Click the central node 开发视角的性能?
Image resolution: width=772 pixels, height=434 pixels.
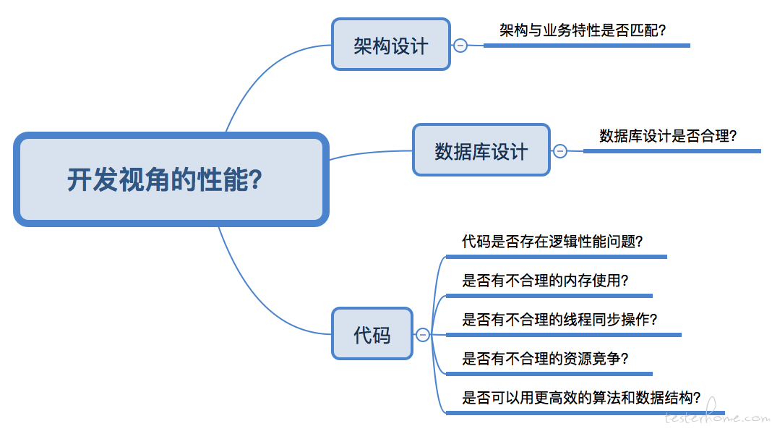171,179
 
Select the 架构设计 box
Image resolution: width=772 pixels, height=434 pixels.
390,45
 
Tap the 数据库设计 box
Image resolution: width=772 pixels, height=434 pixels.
481,150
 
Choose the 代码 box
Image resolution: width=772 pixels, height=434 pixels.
372,334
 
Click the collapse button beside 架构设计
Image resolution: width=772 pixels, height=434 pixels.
460,45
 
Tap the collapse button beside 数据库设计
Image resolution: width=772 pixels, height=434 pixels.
559,150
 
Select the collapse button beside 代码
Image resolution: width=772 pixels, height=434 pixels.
423,334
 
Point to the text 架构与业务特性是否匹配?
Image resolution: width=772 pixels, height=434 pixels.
582,30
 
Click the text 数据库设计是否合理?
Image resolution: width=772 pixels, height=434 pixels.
668,136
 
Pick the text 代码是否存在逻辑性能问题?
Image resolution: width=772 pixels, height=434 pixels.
552,242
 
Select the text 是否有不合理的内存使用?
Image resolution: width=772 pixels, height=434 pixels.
545,281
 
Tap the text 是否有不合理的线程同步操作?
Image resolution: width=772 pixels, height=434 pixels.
559,320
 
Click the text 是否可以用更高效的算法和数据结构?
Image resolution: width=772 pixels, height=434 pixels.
581,398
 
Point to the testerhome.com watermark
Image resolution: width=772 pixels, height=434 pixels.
716,417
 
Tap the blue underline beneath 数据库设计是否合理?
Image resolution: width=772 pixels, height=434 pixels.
672,151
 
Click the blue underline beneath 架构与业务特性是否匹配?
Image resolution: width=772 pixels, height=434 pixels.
586,46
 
